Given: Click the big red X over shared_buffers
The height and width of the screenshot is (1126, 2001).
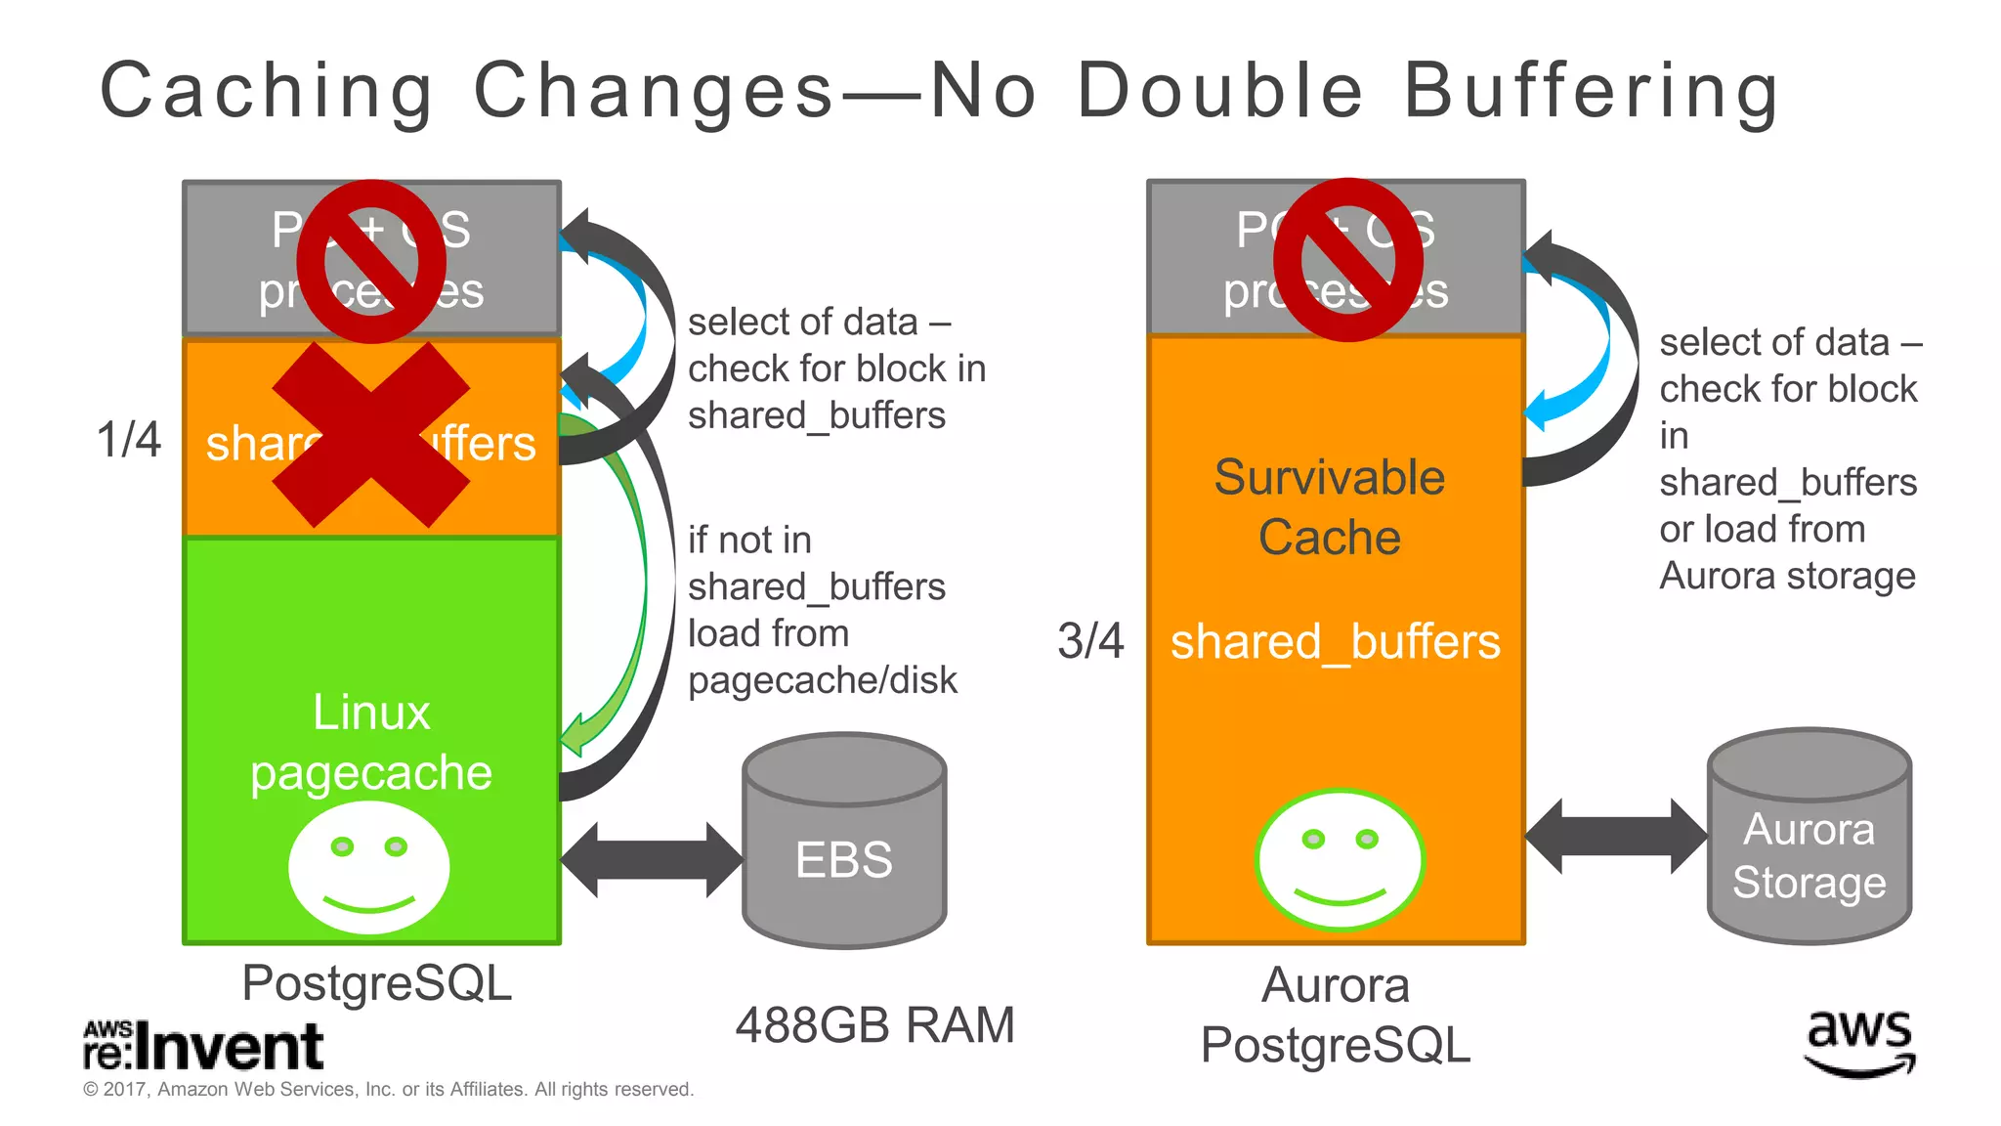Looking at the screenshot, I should tap(371, 435).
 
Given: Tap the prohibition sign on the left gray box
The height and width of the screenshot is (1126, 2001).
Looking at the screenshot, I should tap(371, 261).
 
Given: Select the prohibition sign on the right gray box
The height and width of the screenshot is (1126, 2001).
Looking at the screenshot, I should tap(1348, 260).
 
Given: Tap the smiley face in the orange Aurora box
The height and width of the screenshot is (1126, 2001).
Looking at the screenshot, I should tap(1340, 859).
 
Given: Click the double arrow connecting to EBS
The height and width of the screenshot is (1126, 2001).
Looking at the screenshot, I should tap(651, 860).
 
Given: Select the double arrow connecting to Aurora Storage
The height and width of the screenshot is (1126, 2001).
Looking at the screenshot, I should tap(1616, 837).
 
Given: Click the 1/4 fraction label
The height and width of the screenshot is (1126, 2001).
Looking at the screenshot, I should tap(128, 439).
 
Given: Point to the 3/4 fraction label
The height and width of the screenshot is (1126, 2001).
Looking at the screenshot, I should tap(1090, 641).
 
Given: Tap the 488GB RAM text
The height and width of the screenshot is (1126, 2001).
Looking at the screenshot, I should tap(874, 1025).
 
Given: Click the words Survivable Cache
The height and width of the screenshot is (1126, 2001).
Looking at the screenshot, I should tap(1330, 507).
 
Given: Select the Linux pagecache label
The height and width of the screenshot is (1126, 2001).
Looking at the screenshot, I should tap(371, 742).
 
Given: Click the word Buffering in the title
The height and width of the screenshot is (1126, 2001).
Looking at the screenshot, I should tap(1592, 91).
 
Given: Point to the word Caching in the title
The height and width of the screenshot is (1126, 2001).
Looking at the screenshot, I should tap(267, 91).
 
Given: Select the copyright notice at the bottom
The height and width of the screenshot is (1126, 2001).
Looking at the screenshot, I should tap(388, 1089).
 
